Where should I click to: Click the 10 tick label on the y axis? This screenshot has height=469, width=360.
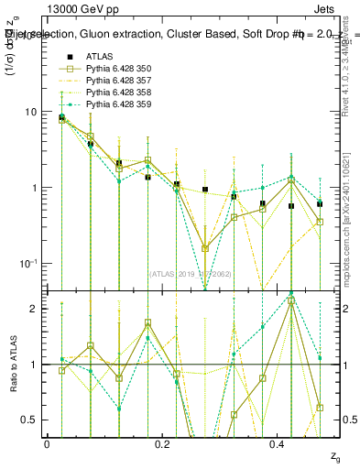coord(30,113)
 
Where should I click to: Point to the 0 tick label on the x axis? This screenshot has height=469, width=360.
coord(47,444)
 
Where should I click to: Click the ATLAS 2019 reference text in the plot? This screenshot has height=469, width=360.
coord(191,273)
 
